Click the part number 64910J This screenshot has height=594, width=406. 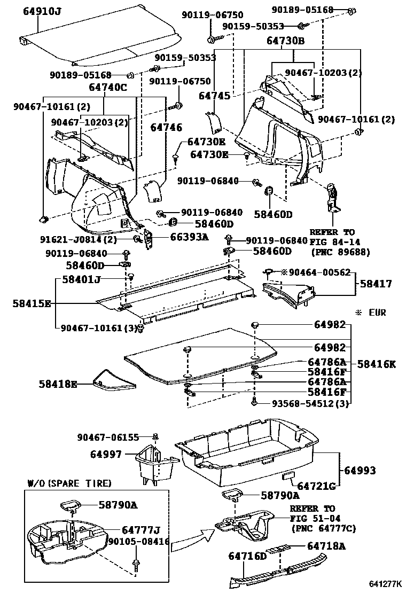point(42,11)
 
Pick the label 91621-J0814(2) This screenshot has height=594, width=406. point(78,240)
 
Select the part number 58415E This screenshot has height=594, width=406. point(32,304)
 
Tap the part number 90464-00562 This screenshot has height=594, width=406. point(319,272)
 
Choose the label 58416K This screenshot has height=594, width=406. point(376,364)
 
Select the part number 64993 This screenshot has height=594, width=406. point(360,471)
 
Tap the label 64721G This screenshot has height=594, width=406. point(316,486)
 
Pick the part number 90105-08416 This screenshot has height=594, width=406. point(138,541)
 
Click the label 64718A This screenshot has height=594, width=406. point(326,546)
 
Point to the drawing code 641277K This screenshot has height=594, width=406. point(385,584)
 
